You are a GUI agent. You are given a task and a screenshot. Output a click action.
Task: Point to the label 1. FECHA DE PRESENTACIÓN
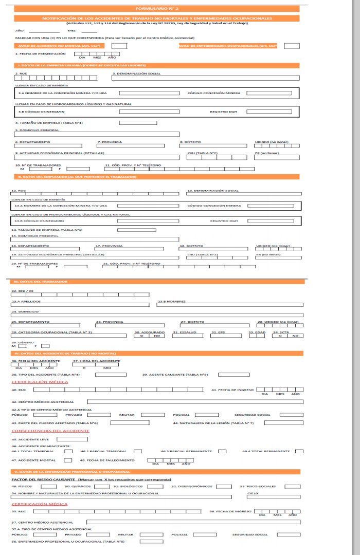41,53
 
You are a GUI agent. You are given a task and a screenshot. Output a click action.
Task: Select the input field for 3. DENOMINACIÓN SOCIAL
205,78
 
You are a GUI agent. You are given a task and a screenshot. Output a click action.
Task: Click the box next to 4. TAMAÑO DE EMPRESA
138,122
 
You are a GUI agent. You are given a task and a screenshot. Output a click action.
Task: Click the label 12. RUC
17,190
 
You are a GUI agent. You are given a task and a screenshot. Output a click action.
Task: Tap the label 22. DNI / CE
22,290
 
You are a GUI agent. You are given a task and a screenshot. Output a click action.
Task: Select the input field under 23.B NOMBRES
230,305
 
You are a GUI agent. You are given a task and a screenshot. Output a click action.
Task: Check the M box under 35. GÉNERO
22,346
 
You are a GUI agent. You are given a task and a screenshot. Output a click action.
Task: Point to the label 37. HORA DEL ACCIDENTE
96,361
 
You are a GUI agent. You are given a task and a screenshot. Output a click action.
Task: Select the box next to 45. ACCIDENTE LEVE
72,439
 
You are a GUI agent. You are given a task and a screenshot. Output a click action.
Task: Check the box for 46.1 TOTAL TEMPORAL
68,451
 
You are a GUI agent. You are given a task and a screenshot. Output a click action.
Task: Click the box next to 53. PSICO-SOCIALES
293,486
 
